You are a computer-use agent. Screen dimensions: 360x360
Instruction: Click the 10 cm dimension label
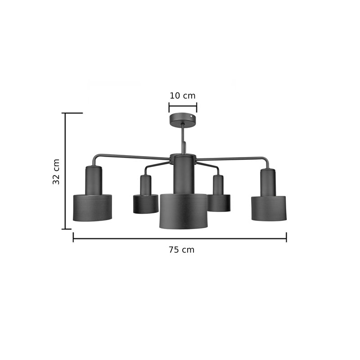coord(183,96)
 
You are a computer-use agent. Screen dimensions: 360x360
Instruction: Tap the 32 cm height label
coord(56,171)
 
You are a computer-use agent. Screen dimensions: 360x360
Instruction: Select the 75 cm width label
coord(182,250)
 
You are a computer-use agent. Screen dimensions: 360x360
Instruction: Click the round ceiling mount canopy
coord(183,119)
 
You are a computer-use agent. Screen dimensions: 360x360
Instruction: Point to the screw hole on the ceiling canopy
coord(191,117)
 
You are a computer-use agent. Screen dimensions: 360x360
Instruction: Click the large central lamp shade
coord(184,211)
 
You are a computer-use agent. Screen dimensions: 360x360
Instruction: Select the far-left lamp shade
coord(92,208)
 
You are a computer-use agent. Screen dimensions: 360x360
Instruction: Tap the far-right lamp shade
coord(269,208)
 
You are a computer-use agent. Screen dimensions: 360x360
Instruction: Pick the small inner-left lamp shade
coord(146,204)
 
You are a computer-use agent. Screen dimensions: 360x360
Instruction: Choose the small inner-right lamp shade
coord(219,203)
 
